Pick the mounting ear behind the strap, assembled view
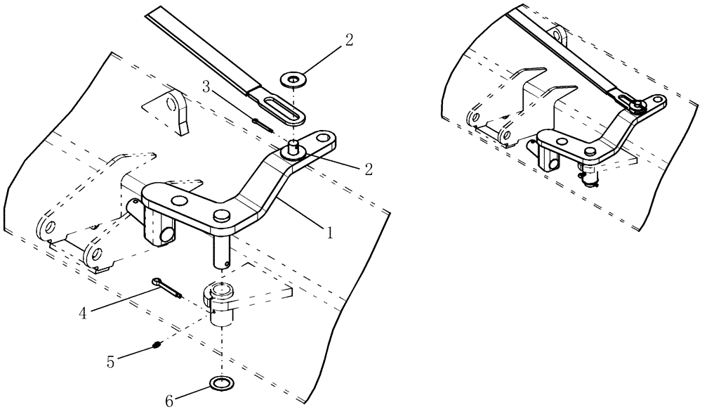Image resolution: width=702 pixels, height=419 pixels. pos(558,34)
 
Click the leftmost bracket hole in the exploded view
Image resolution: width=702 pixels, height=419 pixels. pos(47,227)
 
